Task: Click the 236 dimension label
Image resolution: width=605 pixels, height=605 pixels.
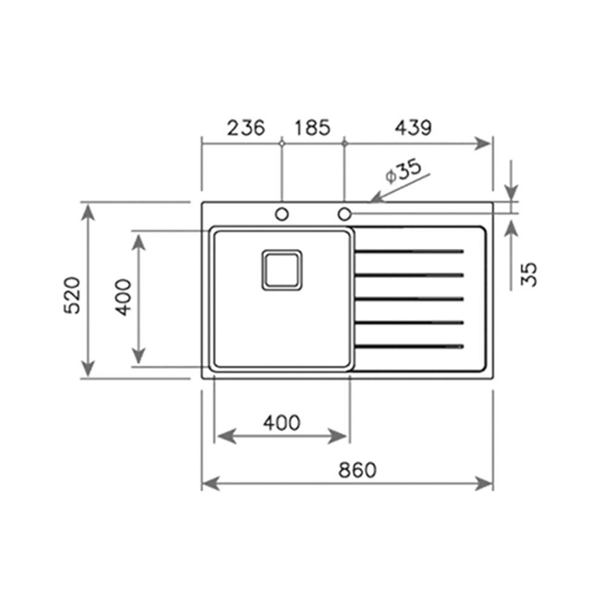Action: click(246, 128)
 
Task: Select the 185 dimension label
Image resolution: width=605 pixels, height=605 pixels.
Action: click(313, 128)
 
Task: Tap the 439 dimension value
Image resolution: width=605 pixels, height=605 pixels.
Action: click(413, 128)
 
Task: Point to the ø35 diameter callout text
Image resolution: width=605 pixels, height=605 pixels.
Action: click(404, 171)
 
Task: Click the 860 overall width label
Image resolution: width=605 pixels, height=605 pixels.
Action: click(357, 470)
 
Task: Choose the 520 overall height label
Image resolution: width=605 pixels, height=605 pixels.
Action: click(73, 295)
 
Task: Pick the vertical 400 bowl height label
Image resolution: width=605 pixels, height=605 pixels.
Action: click(124, 298)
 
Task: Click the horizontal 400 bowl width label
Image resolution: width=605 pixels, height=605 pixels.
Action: click(282, 423)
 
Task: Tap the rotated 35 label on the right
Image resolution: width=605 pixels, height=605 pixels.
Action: click(529, 274)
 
